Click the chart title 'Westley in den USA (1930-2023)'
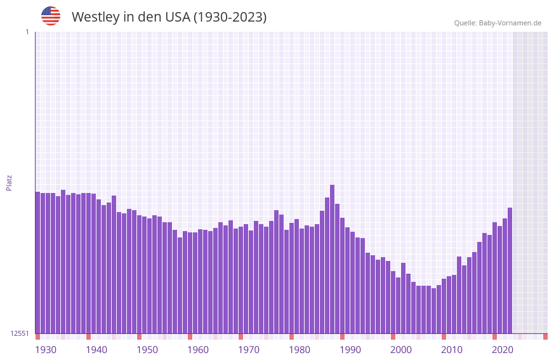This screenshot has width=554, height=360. click(169, 17)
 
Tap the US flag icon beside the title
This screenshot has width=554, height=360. click(51, 16)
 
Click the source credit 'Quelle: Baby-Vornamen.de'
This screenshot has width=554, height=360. click(498, 23)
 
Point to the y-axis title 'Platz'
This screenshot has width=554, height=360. click(9, 183)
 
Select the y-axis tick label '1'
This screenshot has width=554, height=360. click(27, 32)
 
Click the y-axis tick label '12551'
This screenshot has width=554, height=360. click(20, 333)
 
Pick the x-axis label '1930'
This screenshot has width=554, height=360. click(46, 350)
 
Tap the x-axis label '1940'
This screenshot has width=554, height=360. click(96, 350)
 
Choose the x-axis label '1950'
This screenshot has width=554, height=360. click(147, 350)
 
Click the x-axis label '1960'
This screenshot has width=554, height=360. click(198, 350)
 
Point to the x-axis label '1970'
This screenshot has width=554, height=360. click(249, 350)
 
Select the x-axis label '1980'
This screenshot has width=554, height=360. click(300, 350)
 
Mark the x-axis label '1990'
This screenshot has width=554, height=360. click(350, 350)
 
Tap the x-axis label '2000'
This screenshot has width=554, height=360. click(401, 350)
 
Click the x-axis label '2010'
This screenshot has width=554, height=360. click(452, 350)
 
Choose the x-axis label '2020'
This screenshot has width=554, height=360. click(503, 350)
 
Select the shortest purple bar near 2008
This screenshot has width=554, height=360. click(433, 311)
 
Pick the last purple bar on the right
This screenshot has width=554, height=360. click(510, 270)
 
